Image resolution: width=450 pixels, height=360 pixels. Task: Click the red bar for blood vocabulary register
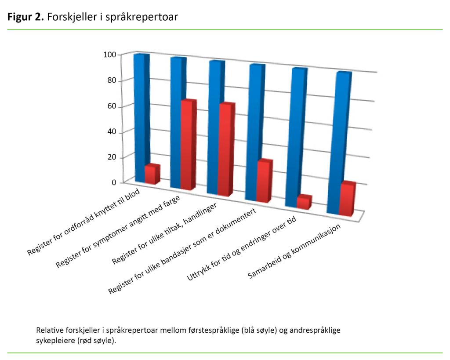point(151,175)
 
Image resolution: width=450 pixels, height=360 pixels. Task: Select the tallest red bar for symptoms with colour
point(186,145)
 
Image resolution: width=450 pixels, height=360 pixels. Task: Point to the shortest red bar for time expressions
point(303,202)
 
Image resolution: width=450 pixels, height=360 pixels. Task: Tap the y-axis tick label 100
point(109,55)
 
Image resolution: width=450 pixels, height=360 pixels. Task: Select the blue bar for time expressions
point(294,136)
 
